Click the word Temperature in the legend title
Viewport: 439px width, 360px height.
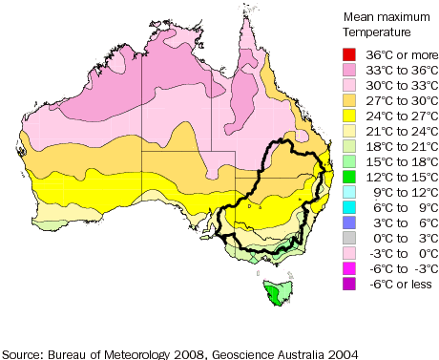coord(375,32)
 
